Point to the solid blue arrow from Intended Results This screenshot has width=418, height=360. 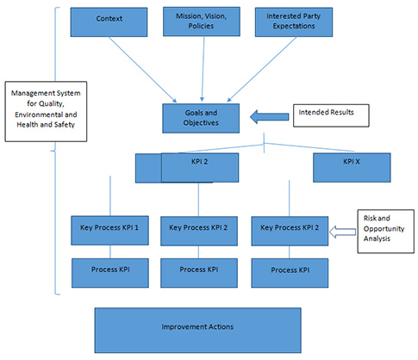pyautogui.click(x=266, y=115)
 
